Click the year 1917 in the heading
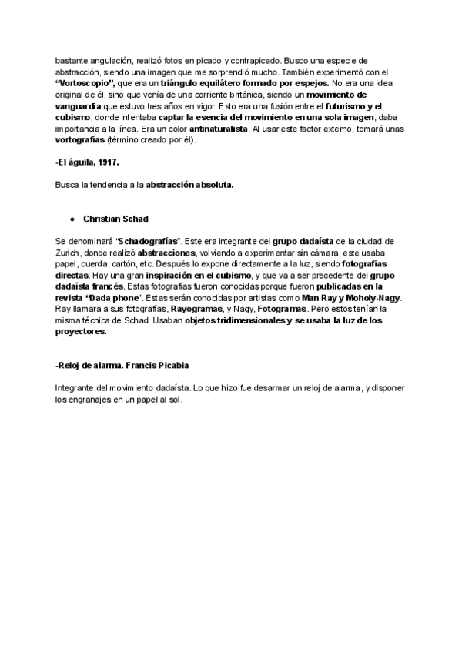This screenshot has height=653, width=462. [x=108, y=163]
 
